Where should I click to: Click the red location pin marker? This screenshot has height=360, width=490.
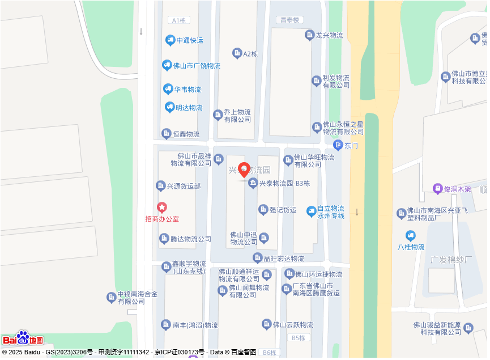244,170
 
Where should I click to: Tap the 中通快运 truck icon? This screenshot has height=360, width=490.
170,40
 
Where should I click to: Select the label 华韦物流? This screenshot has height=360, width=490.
188,90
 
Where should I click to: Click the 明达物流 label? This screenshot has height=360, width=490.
189,108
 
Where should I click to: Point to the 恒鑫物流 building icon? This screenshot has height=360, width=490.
166,134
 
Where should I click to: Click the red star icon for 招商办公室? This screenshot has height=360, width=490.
162,208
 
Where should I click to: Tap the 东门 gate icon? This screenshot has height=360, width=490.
338,145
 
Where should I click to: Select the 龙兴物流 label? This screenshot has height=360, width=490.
329,35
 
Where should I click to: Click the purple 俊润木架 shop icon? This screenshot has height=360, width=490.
437,189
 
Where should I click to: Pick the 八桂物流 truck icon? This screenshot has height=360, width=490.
411,236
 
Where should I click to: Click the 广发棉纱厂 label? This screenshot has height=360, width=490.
451,260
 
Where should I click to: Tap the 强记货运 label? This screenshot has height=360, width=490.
283,210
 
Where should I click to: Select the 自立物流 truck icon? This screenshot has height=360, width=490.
311,211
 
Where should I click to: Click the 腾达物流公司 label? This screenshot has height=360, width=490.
191,239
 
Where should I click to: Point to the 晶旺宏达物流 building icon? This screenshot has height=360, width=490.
257,259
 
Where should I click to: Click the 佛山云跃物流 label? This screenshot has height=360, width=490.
293,325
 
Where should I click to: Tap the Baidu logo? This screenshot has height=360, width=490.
23,338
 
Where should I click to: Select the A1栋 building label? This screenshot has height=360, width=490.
178,20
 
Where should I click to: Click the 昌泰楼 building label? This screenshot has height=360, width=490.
288,20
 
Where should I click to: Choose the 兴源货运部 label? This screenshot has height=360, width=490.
184,186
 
